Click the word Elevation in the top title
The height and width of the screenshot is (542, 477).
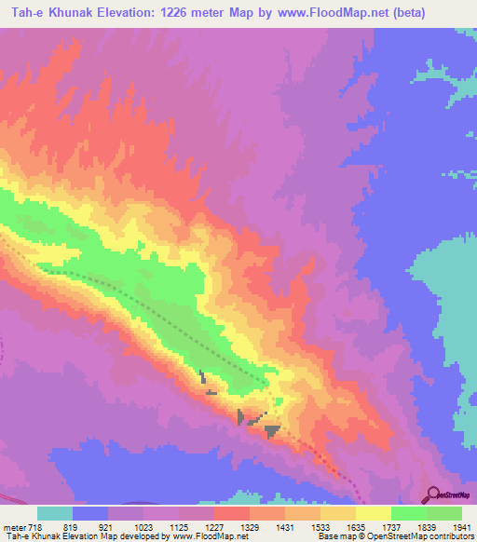[x=126, y=13]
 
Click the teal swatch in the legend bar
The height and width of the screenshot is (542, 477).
[x=55, y=513]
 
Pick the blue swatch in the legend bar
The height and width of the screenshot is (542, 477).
[x=90, y=513]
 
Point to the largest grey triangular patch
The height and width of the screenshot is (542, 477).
[x=272, y=430]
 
